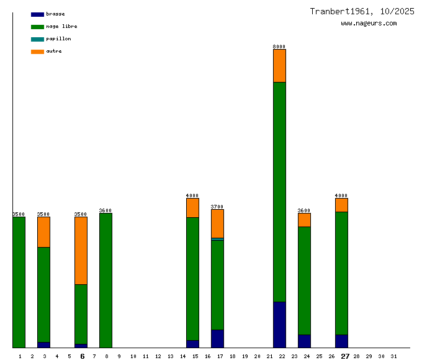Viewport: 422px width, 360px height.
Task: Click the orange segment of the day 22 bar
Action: [x=279, y=65]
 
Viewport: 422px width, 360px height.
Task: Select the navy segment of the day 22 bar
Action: [x=279, y=325]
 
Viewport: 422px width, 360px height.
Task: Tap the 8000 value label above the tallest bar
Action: [x=279, y=47]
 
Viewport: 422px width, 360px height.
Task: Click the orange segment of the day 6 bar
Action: [x=81, y=250]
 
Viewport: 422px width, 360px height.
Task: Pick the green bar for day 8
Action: [x=105, y=280]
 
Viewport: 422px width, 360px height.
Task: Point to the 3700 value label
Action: [x=217, y=207]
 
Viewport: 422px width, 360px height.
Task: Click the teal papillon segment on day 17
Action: [x=217, y=239]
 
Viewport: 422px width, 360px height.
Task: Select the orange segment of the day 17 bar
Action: [x=217, y=223]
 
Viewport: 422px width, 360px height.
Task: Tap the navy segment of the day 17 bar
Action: [x=217, y=338]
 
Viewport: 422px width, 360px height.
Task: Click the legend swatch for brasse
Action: [x=37, y=14]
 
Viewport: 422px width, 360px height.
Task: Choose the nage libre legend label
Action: [x=61, y=27]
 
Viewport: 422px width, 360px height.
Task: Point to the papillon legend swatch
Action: [x=37, y=39]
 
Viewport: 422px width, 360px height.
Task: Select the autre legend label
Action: [x=54, y=52]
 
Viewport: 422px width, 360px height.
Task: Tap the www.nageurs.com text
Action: [x=369, y=24]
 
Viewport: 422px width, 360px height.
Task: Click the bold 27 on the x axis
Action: [x=345, y=356]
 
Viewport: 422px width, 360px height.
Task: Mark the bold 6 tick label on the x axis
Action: [x=82, y=356]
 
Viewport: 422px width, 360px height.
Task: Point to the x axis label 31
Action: [x=393, y=356]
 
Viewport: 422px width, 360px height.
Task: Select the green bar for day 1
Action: [x=19, y=282]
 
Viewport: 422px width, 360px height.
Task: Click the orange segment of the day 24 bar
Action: [x=304, y=220]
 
